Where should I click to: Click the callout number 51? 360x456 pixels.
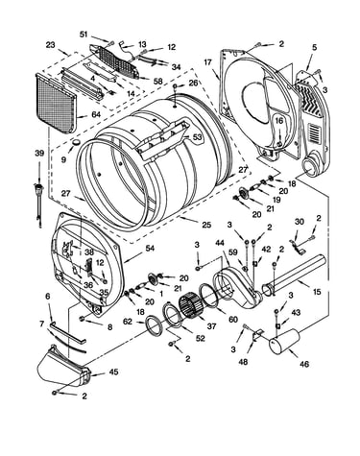84,35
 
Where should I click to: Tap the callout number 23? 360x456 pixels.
50,45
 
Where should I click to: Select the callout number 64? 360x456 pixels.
96,114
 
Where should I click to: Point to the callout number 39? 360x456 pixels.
39,154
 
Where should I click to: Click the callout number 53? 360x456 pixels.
198,137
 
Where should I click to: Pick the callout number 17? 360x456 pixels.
208,61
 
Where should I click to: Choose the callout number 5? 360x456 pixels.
315,48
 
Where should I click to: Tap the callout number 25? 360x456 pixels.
206,225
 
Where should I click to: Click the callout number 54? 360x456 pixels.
150,248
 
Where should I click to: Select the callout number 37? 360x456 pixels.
211,326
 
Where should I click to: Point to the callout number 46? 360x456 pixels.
304,364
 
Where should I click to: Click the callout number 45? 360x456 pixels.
113,372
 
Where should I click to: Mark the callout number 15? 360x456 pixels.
317,292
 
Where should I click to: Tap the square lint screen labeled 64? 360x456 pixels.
56,103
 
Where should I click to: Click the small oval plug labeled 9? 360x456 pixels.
77,141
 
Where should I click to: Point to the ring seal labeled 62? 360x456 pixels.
155,324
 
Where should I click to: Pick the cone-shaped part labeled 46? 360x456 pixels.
283,342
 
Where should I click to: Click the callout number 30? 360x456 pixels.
299,222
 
